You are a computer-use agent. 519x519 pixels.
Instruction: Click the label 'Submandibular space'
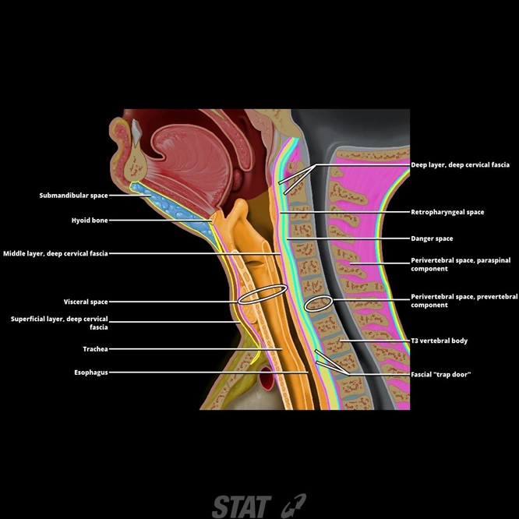click(73, 195)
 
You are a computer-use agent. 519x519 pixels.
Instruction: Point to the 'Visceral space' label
click(85, 302)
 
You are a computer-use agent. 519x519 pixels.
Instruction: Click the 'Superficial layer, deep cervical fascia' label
click(59, 323)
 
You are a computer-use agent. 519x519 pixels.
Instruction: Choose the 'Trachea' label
click(95, 349)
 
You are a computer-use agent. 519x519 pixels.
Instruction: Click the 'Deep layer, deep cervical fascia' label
click(459, 164)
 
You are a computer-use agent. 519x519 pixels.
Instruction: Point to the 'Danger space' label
click(432, 238)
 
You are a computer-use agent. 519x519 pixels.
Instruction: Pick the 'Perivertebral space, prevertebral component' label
click(464, 301)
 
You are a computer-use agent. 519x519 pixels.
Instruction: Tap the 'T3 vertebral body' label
click(439, 341)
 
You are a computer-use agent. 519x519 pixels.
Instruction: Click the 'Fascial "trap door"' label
click(440, 375)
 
